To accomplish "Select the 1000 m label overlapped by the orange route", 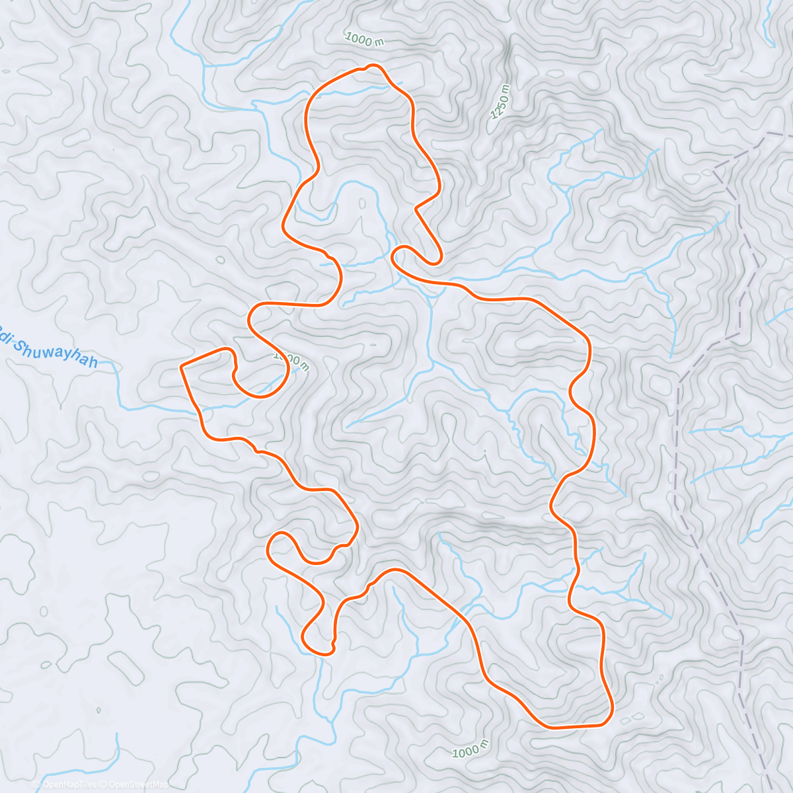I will coord(291,361).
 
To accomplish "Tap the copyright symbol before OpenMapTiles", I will coord(37,784).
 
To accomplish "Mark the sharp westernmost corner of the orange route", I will coord(181,365).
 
